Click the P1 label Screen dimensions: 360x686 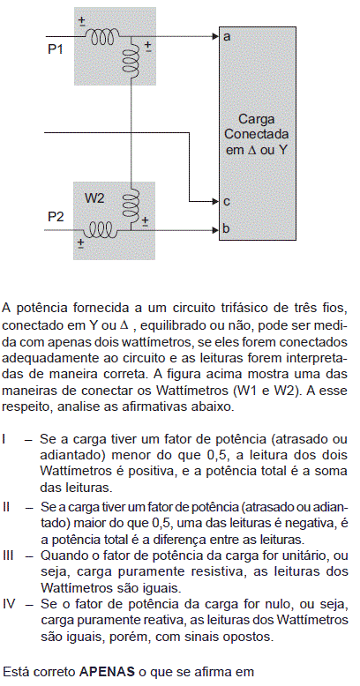coord(56,49)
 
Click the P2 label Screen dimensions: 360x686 coord(56,217)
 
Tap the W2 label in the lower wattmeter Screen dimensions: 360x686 coord(94,198)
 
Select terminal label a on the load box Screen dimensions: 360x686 coord(227,36)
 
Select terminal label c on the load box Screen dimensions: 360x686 coord(227,202)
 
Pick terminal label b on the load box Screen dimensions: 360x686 coord(226,228)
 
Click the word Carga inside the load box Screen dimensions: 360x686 coord(257,120)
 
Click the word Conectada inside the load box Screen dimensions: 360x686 coord(257,134)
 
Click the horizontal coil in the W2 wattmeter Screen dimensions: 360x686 coord(101,229)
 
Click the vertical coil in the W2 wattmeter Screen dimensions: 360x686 coord(131,203)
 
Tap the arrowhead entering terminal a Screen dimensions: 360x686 coord(214,37)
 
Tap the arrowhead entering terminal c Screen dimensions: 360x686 coord(214,202)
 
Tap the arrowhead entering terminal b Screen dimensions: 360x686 coord(214,229)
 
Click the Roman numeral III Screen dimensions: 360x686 coord(7,556)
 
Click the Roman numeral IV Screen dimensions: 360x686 coord(9,605)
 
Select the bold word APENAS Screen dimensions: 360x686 coord(107,671)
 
